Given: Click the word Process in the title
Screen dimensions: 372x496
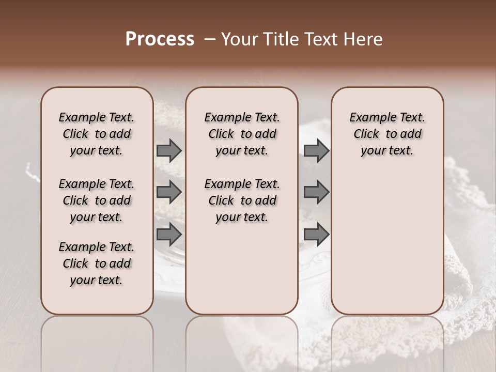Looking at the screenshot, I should click(160, 39).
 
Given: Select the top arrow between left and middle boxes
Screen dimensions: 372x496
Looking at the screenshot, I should click(169, 151).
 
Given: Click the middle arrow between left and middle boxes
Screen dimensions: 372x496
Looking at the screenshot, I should click(169, 192).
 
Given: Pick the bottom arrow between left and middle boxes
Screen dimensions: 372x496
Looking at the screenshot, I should click(169, 235).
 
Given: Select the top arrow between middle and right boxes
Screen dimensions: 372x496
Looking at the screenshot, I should click(316, 151).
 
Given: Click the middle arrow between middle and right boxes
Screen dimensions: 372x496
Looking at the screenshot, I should click(316, 192).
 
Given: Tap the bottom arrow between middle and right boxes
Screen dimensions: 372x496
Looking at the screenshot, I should click(316, 235).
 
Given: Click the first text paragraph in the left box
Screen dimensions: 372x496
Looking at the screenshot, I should click(97, 134).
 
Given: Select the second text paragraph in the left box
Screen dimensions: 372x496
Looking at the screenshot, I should click(97, 200).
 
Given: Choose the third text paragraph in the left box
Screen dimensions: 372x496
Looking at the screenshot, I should click(97, 263).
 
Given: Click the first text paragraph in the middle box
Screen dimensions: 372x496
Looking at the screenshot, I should click(242, 134).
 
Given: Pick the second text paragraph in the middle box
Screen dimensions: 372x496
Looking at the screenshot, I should click(242, 200).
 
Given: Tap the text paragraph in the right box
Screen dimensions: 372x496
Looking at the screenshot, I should click(387, 134).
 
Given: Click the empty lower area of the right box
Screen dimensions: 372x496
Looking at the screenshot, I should click(387, 248).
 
